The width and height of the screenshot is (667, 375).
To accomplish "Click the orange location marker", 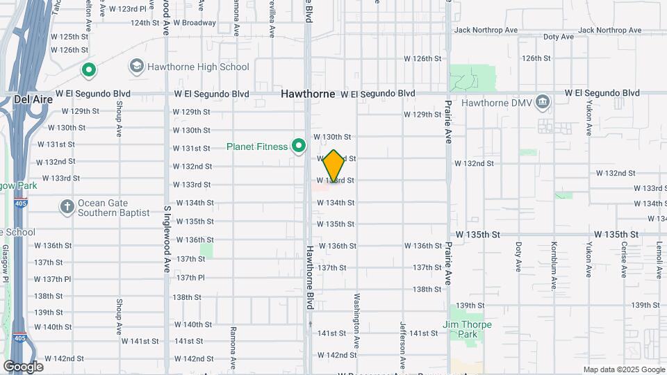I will [x=333, y=167].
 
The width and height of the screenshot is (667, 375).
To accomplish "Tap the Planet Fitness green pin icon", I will [x=299, y=146].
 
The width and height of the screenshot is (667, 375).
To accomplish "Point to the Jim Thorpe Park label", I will [x=468, y=329].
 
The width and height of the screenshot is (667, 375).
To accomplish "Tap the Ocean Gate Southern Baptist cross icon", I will [x=67, y=207].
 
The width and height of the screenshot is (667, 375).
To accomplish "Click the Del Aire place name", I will [x=31, y=99].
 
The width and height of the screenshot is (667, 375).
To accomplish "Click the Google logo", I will [x=23, y=367].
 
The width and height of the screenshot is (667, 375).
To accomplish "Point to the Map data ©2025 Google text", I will [x=624, y=369].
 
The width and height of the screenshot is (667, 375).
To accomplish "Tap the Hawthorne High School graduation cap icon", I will [x=136, y=67].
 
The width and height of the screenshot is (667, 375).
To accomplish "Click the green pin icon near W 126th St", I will [x=89, y=69].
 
